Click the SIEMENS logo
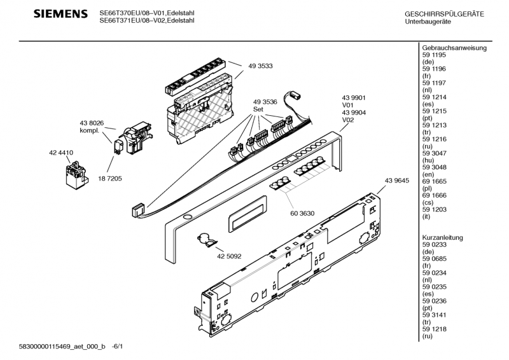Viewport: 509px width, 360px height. pyautogui.click(x=60, y=13)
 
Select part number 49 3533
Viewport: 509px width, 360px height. pyautogui.click(x=260, y=66)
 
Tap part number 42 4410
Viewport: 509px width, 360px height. pyautogui.click(x=61, y=153)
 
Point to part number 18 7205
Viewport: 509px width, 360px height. pyautogui.click(x=110, y=179)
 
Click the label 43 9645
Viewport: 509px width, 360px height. pyautogui.click(x=397, y=181)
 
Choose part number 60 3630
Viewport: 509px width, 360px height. pyautogui.click(x=302, y=213)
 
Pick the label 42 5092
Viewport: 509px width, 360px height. pyautogui.click(x=229, y=256)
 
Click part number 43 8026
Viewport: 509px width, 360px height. pyautogui.click(x=92, y=123)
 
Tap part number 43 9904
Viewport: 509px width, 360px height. pyautogui.click(x=354, y=113)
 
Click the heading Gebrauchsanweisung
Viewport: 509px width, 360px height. pyautogui.click(x=454, y=48)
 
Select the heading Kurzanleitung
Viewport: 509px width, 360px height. pyautogui.click(x=442, y=238)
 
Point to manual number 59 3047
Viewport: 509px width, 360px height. pyautogui.click(x=435, y=153)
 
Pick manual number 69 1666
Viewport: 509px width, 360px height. pyautogui.click(x=435, y=195)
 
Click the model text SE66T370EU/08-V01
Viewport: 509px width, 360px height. pyautogui.click(x=132, y=13)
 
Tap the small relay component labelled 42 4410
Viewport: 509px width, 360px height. pyautogui.click(x=75, y=176)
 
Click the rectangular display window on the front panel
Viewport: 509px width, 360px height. pyautogui.click(x=248, y=214)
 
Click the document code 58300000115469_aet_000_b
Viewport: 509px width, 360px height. pyautogui.click(x=62, y=347)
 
